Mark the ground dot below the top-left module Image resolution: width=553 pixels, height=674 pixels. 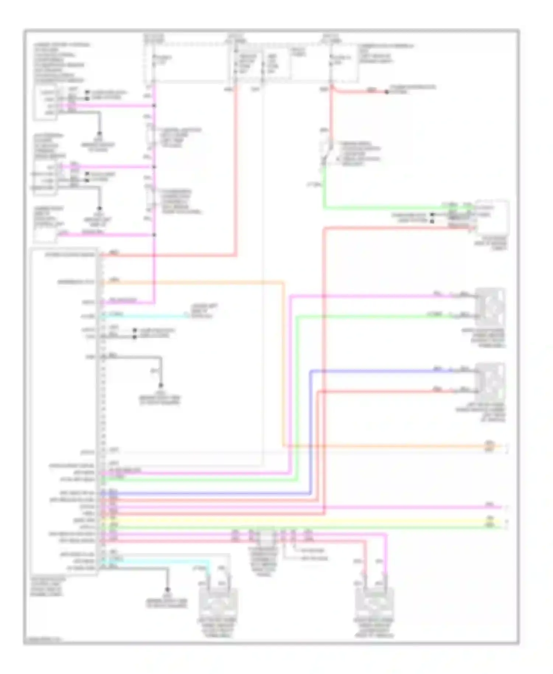click(100, 134)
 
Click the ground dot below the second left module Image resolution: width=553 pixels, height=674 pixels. click(100, 209)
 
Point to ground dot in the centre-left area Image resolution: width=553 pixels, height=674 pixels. click(161, 386)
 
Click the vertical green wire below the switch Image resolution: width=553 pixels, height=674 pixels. click(324, 188)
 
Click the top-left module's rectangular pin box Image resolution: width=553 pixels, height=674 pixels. click(45, 103)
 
